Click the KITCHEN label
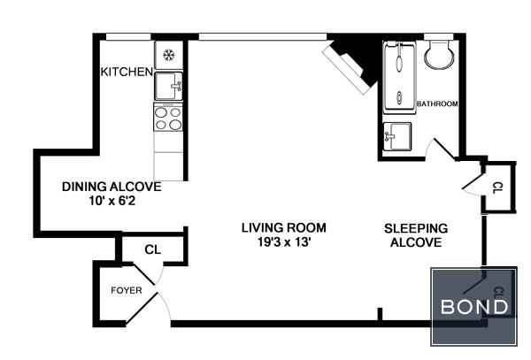(127, 72)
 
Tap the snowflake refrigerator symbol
(168, 55)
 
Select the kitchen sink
(167, 86)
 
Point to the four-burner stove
(167, 118)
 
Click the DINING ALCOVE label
(111, 187)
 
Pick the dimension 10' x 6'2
(111, 201)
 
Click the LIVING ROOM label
(278, 227)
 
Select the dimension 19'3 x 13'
(278, 241)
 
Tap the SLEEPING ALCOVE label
(415, 234)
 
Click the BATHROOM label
(437, 104)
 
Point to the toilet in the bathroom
(438, 56)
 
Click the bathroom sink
(397, 137)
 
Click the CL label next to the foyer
(152, 249)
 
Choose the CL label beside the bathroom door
(496, 188)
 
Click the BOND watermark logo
(475, 307)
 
